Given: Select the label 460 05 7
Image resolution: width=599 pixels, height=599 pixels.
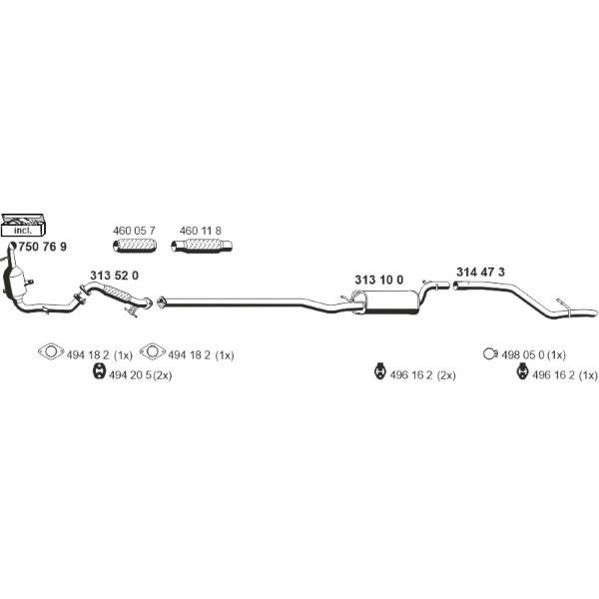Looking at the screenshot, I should tap(134, 231).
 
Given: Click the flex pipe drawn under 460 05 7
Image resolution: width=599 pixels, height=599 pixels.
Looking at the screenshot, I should tap(134, 247).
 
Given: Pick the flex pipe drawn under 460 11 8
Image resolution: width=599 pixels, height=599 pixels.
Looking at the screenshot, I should tap(202, 247).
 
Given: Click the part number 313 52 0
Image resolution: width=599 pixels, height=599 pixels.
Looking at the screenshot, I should tap(114, 276).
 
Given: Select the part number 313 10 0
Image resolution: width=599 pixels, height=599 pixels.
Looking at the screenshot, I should tap(378, 280).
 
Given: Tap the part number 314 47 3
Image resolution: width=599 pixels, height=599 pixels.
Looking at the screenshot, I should tap(481, 272).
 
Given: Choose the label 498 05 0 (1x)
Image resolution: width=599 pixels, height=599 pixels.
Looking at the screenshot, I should tap(533, 354).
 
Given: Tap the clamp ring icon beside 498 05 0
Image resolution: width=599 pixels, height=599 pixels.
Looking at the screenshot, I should tap(489, 354).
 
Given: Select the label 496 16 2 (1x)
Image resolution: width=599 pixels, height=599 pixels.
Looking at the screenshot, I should tap(565, 375).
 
